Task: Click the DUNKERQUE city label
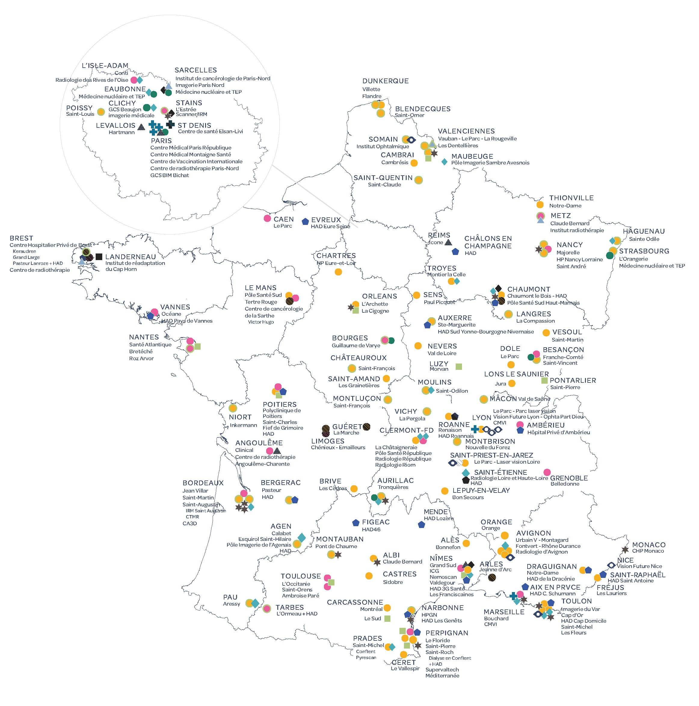(385, 81)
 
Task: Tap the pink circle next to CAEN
(267, 218)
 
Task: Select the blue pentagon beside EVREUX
(305, 221)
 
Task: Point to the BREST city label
(21, 238)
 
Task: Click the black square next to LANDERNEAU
(99, 256)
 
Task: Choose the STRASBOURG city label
(644, 251)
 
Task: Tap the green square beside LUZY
(459, 366)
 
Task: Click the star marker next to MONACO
(625, 550)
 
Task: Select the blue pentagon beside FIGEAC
(356, 523)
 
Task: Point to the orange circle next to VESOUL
(546, 333)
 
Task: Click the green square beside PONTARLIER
(544, 380)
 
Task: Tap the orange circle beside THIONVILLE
(540, 204)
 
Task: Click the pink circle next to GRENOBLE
(547, 472)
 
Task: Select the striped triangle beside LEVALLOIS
(141, 127)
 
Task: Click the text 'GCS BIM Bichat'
(170, 175)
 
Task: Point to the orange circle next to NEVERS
(418, 346)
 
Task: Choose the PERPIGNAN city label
(447, 633)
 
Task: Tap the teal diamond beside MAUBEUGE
(444, 161)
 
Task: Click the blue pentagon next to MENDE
(421, 524)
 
